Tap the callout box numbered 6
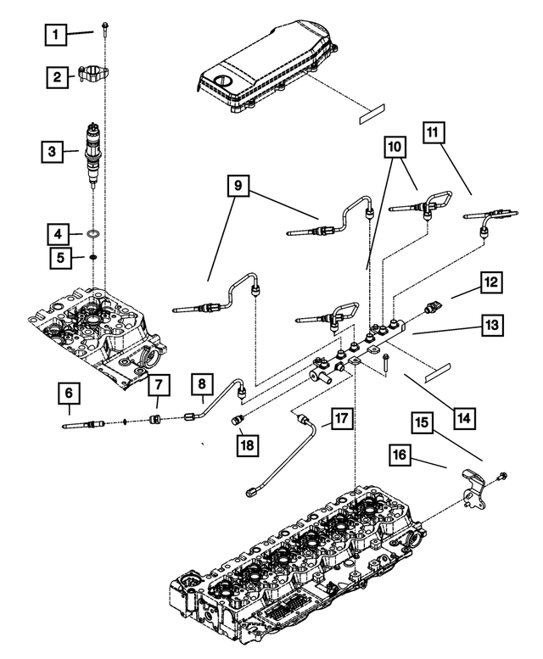click(70, 394)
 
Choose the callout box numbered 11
click(434, 134)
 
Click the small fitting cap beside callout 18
click(238, 418)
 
